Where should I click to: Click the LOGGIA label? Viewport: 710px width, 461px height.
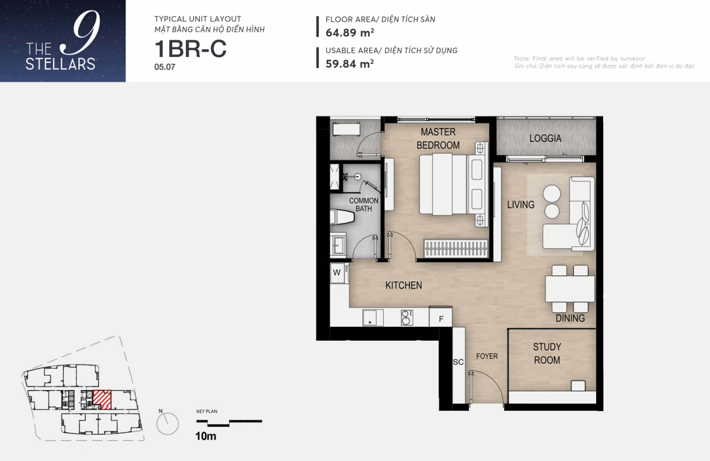545,138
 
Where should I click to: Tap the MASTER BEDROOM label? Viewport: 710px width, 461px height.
438,138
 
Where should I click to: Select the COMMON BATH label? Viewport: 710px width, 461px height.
364,205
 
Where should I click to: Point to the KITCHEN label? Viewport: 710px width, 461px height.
404,285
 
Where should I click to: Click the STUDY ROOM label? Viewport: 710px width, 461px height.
547,354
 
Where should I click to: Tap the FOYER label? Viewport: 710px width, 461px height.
487,356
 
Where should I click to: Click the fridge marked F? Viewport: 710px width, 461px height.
441,316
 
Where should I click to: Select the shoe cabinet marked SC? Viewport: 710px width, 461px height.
458,365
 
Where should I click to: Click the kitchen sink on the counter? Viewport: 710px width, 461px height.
373,318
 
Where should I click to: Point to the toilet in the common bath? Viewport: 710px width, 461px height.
342,217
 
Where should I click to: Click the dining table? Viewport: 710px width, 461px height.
570,289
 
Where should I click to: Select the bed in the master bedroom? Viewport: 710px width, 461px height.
453,184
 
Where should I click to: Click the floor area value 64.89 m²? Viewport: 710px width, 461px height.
350,32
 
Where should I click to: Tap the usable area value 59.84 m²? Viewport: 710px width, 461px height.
350,64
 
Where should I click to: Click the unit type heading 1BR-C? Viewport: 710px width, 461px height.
191,49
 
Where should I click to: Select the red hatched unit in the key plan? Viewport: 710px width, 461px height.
102,400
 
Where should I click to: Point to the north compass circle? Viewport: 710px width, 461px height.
167,424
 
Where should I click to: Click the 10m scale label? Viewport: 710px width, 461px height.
206,436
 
